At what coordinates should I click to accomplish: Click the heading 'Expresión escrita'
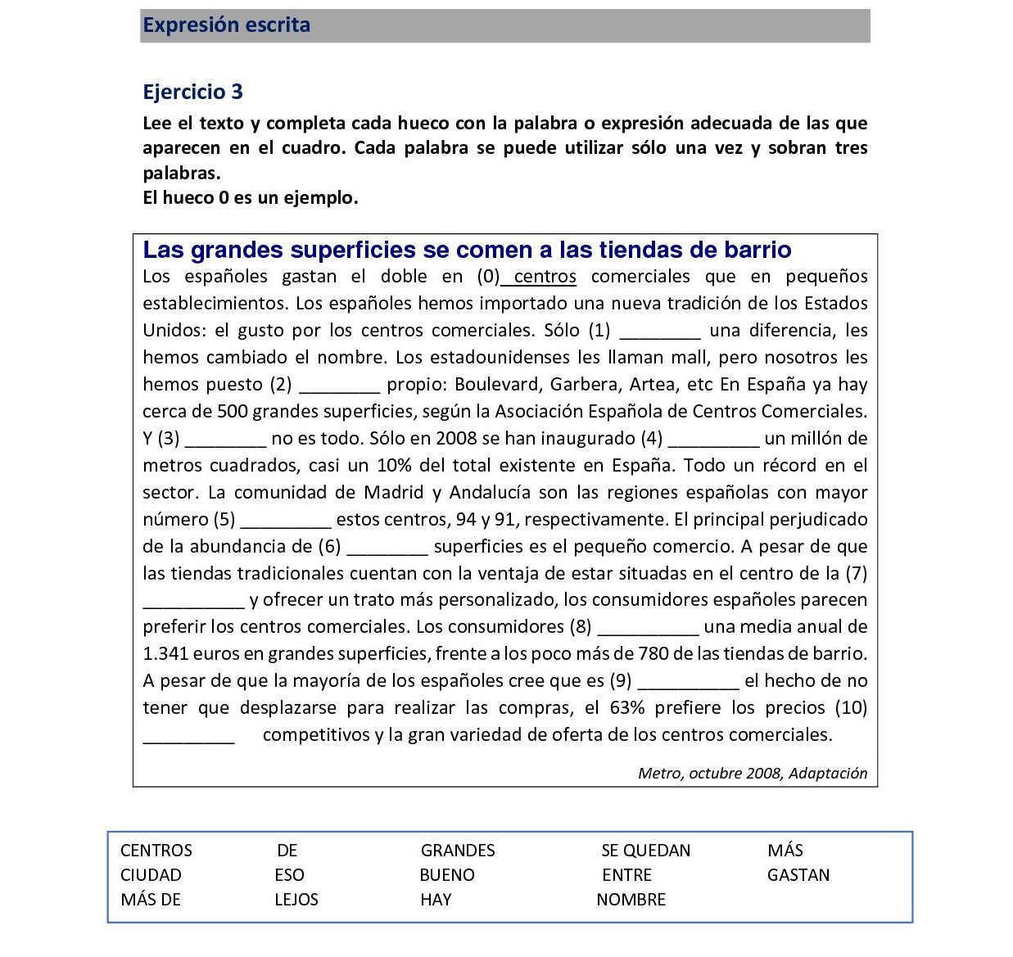click(x=226, y=25)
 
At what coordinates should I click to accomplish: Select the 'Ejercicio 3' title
click(x=192, y=92)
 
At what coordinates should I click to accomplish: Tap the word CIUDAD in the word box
click(x=151, y=875)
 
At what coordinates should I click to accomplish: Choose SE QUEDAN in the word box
click(x=645, y=851)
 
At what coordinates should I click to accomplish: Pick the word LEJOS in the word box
click(x=296, y=900)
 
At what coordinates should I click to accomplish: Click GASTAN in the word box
click(x=798, y=875)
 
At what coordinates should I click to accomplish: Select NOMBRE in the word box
click(x=631, y=900)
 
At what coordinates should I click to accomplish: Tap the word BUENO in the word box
click(x=446, y=875)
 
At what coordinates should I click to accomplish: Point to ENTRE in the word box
click(x=626, y=875)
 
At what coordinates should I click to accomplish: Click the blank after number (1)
click(x=660, y=332)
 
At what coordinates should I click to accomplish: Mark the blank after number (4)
click(x=714, y=440)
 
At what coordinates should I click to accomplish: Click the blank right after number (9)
click(x=688, y=683)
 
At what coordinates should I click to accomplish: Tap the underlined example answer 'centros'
click(x=545, y=277)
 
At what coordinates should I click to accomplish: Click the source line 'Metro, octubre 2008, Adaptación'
click(x=752, y=774)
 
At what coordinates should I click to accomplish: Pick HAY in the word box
click(x=436, y=900)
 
